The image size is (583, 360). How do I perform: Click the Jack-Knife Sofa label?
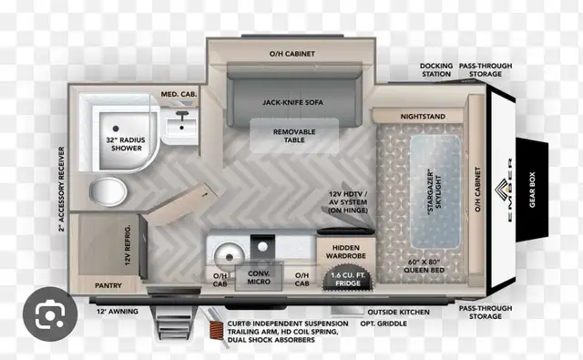[292, 102]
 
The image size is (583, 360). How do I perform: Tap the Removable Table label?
[294, 136]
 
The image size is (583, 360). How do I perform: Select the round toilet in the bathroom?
[107, 191]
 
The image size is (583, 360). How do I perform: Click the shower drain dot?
[116, 129]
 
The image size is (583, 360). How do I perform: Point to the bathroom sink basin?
[181, 127]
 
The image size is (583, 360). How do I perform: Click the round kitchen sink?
[229, 257]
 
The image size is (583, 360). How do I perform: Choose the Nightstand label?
[423, 117]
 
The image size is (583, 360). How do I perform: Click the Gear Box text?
[532, 190]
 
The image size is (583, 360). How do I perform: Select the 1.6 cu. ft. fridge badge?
[348, 279]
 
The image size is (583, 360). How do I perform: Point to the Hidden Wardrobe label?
[346, 252]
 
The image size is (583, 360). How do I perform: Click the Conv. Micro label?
[259, 277]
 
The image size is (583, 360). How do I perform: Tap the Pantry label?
[108, 285]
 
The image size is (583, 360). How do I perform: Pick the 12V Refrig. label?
[128, 245]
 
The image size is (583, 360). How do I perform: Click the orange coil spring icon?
[217, 329]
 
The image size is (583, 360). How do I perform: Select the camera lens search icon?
[50, 314]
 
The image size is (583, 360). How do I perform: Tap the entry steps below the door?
[172, 324]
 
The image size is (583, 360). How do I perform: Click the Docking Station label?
[436, 70]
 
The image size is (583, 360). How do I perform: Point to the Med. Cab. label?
[179, 94]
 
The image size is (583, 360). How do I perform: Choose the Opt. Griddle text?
[384, 324]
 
